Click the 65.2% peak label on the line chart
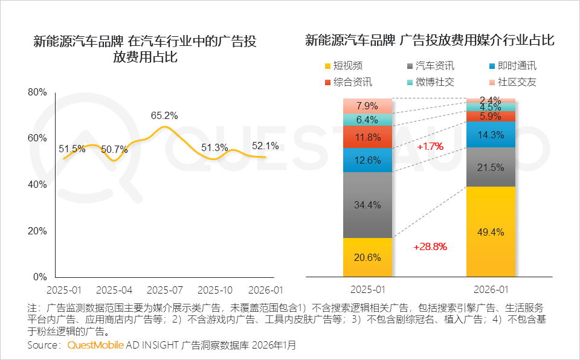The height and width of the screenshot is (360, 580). click(x=164, y=115)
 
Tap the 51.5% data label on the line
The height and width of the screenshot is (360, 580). click(x=72, y=149)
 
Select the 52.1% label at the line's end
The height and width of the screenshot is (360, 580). click(x=265, y=146)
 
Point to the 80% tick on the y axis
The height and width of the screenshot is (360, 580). click(x=37, y=92)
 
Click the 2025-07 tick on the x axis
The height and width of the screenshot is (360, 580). click(x=165, y=289)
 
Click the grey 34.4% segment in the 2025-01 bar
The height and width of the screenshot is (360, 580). click(x=367, y=205)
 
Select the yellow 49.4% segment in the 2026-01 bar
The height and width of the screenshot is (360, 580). click(x=490, y=231)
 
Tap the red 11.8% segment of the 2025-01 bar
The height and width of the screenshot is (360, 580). click(x=367, y=137)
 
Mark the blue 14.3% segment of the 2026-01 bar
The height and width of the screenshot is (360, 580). click(x=490, y=135)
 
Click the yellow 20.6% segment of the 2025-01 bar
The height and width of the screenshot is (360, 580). click(x=367, y=257)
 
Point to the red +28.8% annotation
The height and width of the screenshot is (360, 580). click(x=430, y=246)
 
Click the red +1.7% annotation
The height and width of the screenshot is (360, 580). click(x=430, y=146)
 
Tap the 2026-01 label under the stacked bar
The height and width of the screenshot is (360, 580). click(x=490, y=289)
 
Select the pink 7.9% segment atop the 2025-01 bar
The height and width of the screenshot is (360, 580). click(x=367, y=106)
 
